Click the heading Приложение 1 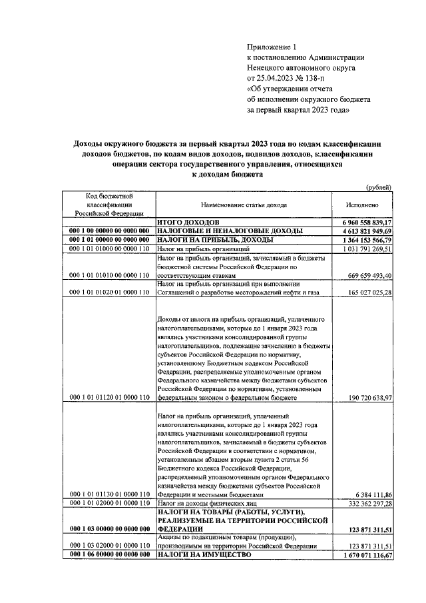[270, 47]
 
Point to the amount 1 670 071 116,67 [367, 555]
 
